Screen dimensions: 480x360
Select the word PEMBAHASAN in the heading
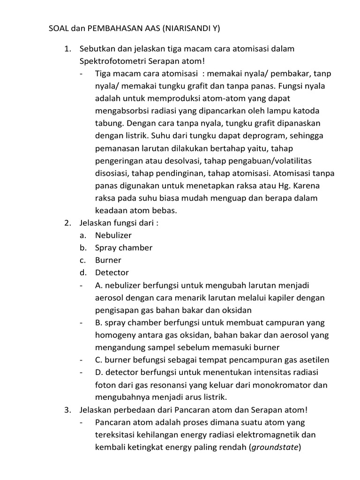107,29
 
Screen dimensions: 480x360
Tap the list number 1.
67,49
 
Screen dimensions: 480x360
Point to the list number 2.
67,223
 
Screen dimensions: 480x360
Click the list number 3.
67,410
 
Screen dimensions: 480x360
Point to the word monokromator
283,385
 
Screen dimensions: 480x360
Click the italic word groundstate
274,447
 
